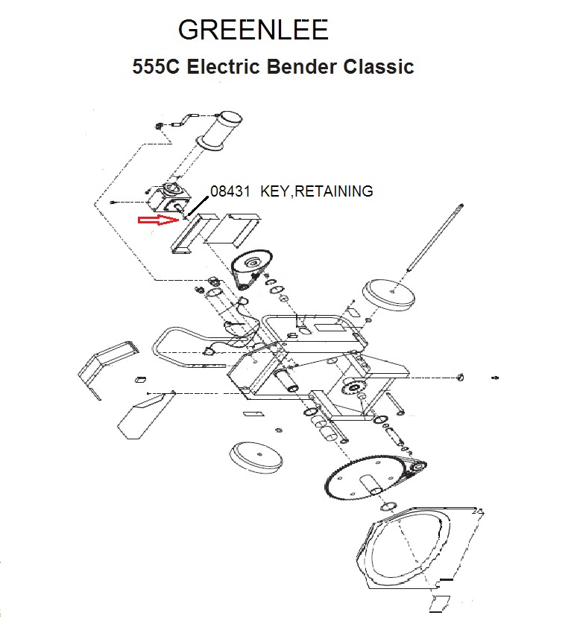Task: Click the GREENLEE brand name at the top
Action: [253, 30]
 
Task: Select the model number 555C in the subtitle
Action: [156, 66]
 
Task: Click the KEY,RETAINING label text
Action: [316, 191]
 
